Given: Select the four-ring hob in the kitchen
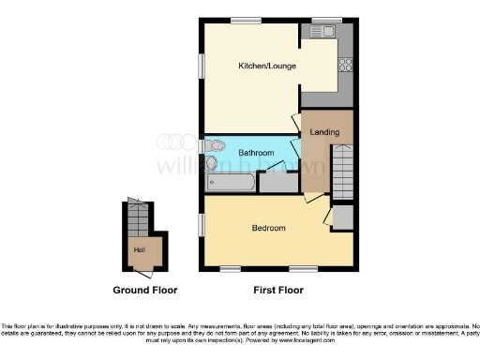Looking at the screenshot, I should click(344, 65).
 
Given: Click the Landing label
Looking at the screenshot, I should click(324, 133).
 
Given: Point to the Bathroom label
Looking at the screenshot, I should click(255, 152).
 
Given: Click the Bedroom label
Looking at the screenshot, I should click(268, 228).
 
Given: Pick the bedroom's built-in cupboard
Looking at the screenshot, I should click(343, 217).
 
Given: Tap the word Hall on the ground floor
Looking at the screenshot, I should click(140, 249).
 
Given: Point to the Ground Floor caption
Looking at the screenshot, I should click(144, 291).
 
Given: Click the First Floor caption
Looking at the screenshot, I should click(278, 291).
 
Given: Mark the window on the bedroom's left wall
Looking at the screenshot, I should click(202, 225).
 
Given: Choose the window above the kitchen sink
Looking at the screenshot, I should click(326, 20).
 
